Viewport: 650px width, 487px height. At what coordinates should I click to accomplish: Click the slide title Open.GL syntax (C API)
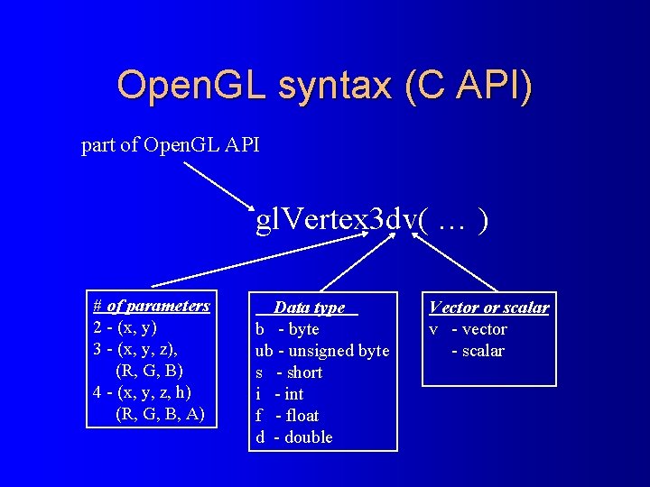[324, 86]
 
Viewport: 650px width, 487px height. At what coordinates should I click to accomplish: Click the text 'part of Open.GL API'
[171, 145]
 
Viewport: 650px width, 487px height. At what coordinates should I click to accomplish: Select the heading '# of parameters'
[152, 307]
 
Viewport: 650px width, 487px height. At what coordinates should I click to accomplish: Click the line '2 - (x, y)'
[125, 327]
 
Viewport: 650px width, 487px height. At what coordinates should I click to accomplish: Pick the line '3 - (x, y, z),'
[135, 349]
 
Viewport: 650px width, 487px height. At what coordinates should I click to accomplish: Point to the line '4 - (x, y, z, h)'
[142, 392]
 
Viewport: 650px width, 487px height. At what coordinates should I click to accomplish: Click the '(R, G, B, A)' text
[161, 414]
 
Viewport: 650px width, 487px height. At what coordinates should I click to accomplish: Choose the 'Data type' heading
[310, 308]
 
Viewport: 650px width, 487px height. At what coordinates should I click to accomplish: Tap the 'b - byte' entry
[287, 329]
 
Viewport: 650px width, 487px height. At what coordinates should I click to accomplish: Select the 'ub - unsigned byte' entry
[322, 351]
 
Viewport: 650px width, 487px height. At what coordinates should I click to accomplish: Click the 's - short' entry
[289, 372]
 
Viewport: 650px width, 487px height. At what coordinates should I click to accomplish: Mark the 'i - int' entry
[280, 394]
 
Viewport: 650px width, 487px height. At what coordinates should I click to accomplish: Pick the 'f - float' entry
[287, 416]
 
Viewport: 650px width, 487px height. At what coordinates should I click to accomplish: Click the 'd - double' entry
[294, 437]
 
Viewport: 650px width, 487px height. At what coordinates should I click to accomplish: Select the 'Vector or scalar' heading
[488, 308]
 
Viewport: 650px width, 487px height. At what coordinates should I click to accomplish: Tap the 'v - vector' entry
[468, 329]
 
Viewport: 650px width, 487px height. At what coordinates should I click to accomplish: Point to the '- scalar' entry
[478, 351]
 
